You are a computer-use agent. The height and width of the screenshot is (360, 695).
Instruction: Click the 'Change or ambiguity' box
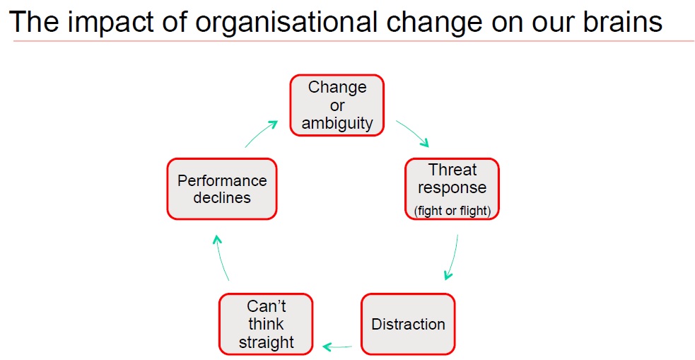(x=337, y=105)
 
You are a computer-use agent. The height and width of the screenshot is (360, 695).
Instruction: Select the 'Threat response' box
(x=452, y=189)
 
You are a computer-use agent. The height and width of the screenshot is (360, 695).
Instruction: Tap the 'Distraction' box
(x=408, y=324)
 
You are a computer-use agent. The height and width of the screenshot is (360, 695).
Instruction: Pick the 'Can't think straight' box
(x=266, y=324)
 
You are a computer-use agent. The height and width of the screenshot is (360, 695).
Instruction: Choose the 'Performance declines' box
(x=222, y=189)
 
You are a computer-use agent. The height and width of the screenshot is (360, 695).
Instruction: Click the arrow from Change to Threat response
(x=412, y=133)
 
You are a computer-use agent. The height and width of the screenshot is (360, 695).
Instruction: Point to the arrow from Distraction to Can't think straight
(x=337, y=346)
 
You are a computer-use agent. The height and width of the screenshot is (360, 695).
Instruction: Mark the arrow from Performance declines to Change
(x=261, y=133)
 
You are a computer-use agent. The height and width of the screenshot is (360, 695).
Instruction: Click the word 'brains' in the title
(x=620, y=22)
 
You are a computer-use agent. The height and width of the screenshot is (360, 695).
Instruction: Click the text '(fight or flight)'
(x=452, y=211)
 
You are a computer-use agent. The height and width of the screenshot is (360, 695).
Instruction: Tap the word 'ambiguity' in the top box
(x=337, y=123)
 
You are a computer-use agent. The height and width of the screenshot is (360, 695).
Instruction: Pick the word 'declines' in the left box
(x=222, y=198)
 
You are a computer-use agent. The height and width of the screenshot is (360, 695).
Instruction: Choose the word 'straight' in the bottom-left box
(x=266, y=342)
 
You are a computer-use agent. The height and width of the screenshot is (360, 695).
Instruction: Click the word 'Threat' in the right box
(x=452, y=170)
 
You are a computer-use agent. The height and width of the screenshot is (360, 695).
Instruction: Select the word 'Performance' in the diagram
(x=222, y=180)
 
